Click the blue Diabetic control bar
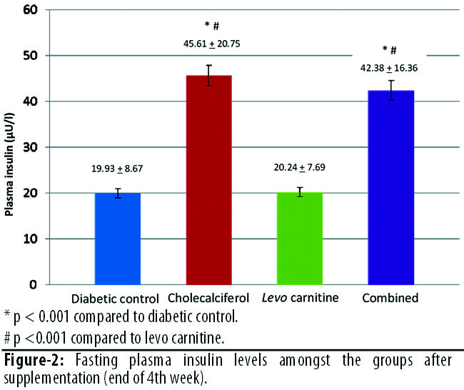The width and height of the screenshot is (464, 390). coord(118,239)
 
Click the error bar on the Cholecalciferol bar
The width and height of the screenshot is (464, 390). coord(209,75)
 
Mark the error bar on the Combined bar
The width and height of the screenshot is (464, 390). coord(390,90)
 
